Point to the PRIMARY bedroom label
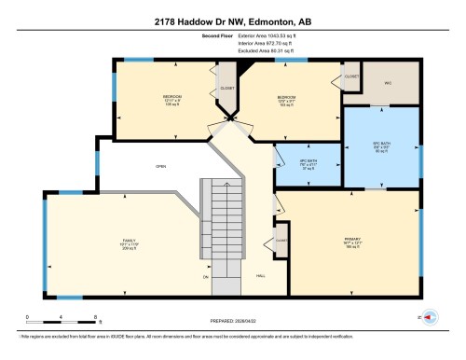pos(351,240)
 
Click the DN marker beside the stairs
pos(206,277)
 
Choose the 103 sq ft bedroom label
pos(287,98)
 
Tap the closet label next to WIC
pos(351,76)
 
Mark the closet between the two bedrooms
pos(226,88)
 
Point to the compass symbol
pos(431,318)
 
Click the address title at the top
pos(233,21)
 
